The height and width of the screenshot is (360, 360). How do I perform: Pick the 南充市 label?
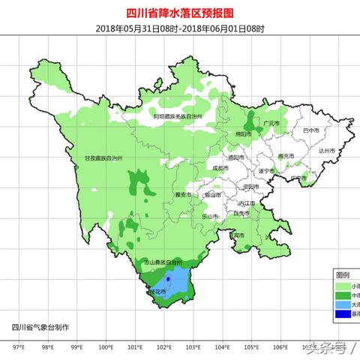pyautogui.click(x=286, y=156)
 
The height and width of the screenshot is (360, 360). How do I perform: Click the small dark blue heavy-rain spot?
pyautogui.click(x=169, y=279)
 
